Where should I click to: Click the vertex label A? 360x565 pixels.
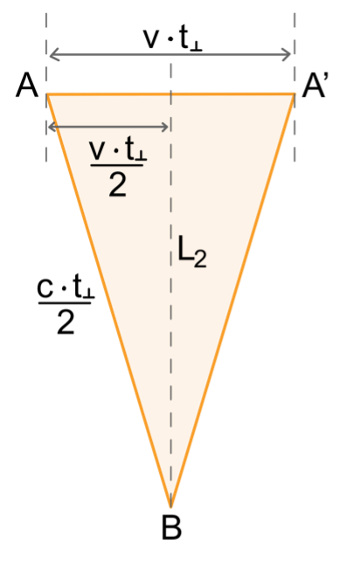(x=27, y=86)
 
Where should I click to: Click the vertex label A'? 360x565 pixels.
(x=314, y=86)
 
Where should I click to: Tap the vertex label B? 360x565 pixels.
(x=171, y=527)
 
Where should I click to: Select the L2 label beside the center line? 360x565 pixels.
(x=192, y=252)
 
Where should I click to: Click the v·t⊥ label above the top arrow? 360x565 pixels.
(x=173, y=39)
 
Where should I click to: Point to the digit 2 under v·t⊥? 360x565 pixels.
(x=118, y=185)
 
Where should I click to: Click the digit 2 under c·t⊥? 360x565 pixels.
(x=66, y=323)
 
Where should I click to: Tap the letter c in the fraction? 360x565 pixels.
(x=45, y=289)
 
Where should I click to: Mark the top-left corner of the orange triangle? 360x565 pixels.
(x=47, y=94)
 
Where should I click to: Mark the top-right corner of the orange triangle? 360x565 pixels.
(x=294, y=94)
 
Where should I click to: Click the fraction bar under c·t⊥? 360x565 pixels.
(x=65, y=303)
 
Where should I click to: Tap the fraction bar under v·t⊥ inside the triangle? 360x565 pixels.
(x=117, y=166)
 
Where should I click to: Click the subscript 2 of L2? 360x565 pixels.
(x=201, y=259)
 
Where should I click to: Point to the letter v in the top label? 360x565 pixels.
(x=151, y=39)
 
